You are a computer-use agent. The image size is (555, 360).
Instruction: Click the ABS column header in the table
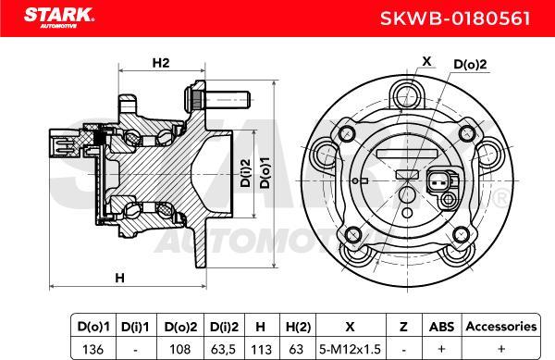tap(440, 327)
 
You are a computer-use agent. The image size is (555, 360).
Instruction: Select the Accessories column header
tap(500, 327)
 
